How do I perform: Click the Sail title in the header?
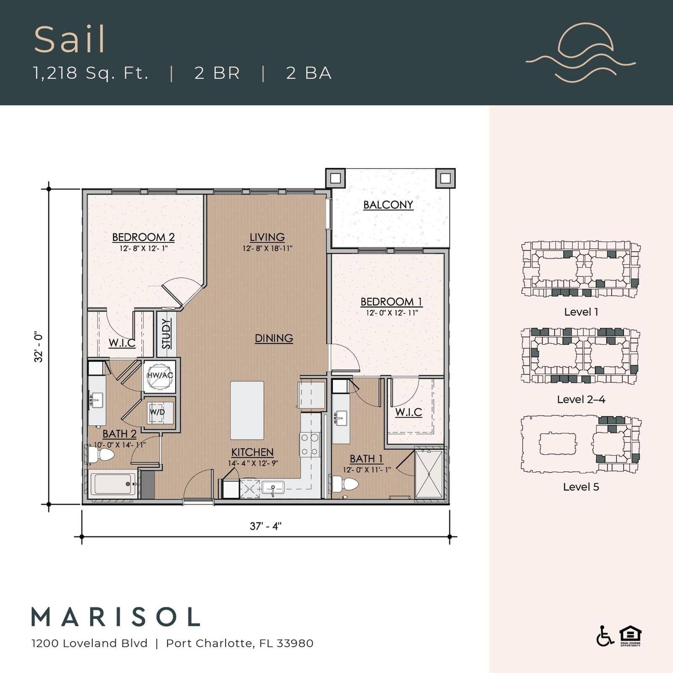pyautogui.click(x=69, y=40)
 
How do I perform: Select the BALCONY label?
pyautogui.click(x=388, y=205)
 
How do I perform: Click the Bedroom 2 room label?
pyautogui.click(x=143, y=237)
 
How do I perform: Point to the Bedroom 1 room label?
pyautogui.click(x=391, y=302)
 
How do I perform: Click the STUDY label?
pyautogui.click(x=167, y=334)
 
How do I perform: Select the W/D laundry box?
pyautogui.click(x=157, y=413)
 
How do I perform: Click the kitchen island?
pyautogui.click(x=247, y=411)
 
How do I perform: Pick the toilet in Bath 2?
pyautogui.click(x=101, y=454)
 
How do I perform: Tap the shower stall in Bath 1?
pyautogui.click(x=429, y=474)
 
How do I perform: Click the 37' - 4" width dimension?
pyautogui.click(x=265, y=526)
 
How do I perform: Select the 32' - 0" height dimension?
pyautogui.click(x=39, y=347)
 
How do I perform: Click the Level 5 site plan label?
pyautogui.click(x=581, y=487)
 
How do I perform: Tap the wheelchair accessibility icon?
pyautogui.click(x=605, y=636)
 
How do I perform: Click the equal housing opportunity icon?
pyautogui.click(x=630, y=636)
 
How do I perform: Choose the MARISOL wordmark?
pyautogui.click(x=116, y=617)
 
